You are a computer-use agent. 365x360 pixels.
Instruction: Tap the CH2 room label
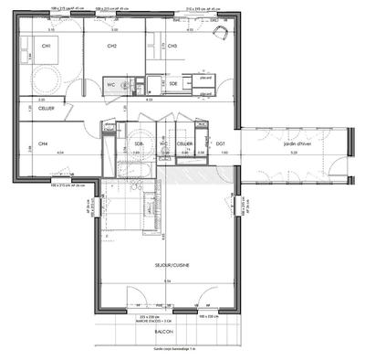coord(111,46)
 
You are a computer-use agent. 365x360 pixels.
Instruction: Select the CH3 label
coord(172,46)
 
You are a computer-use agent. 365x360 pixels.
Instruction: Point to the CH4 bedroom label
coord(43,143)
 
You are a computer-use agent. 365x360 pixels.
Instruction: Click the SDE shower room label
coord(173,83)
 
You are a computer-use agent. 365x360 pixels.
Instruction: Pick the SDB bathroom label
coord(140,143)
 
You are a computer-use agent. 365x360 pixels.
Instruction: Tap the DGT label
coord(220,143)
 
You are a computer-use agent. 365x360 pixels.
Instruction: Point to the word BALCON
coord(165,334)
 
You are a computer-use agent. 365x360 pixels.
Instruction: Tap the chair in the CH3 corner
coord(219,32)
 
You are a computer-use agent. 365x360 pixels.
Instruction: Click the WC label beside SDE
coord(137,83)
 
